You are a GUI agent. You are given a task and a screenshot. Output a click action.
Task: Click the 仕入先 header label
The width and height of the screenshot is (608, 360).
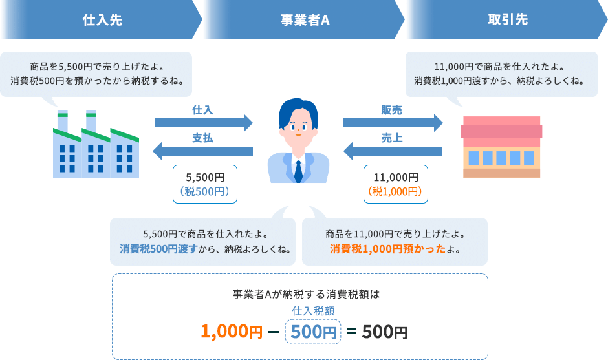point(102,19)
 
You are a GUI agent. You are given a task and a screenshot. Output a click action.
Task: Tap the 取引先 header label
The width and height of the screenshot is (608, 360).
point(507,19)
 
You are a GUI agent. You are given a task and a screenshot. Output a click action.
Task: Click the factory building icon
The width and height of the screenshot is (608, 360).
point(96,145)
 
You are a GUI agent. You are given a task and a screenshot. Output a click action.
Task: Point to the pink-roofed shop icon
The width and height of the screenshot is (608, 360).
point(502,147)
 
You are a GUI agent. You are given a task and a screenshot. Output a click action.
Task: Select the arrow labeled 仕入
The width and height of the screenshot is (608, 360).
point(204,122)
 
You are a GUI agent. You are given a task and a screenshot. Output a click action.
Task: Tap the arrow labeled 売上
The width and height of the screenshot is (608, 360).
point(392,151)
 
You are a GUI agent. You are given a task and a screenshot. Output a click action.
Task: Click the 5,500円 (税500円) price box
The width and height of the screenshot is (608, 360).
point(205,184)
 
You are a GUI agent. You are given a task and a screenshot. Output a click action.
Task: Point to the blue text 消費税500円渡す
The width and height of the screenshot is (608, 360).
point(158,249)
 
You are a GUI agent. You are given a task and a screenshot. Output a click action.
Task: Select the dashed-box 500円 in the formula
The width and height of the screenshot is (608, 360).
point(313,332)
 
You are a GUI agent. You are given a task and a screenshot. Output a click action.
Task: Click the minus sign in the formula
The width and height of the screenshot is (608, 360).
point(272,332)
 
